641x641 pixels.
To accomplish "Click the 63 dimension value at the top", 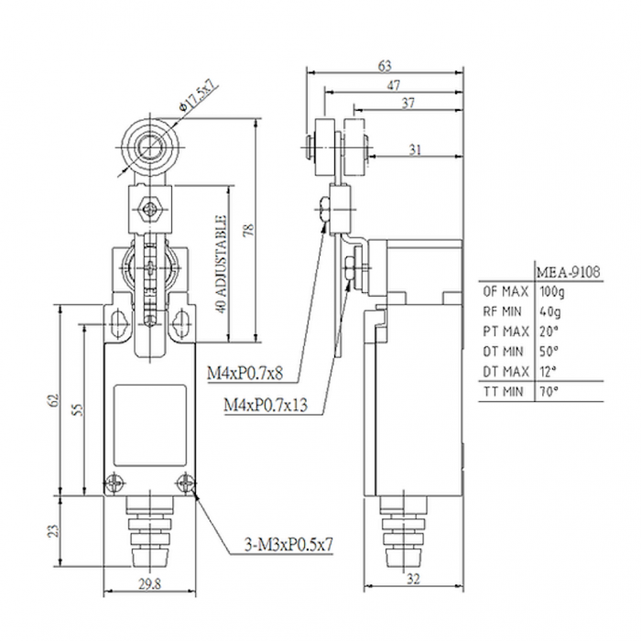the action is [385, 66].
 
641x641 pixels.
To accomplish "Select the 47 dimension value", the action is [394, 85].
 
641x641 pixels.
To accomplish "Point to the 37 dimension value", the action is [408, 103].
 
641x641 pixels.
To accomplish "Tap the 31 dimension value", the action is [416, 150].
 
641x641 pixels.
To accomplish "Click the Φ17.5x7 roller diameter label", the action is [199, 97].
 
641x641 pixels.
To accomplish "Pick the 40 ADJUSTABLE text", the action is [221, 265].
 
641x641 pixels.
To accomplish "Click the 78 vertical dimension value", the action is [248, 230].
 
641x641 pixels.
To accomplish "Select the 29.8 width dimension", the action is [149, 584].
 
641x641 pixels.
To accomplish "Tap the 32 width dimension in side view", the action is [413, 579].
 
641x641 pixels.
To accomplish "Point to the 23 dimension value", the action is [53, 531].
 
